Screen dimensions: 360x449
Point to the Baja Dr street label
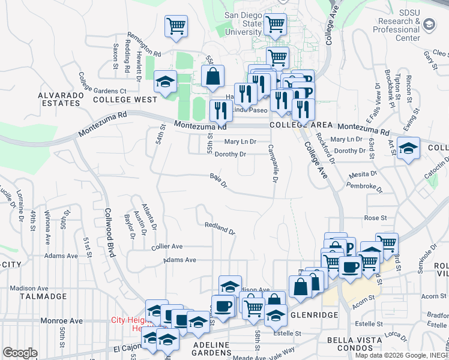tap(218, 180)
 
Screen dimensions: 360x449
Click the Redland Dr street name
tap(219, 227)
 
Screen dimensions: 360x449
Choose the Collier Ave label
tap(167, 247)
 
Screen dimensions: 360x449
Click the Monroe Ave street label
tap(61, 321)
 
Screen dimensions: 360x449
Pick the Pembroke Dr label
tap(364, 187)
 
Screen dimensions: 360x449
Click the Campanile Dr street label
tap(271, 163)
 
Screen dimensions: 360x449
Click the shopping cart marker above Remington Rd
tap(176, 25)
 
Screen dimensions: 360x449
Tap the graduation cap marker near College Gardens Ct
tap(164, 82)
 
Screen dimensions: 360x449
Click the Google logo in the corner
tap(20, 353)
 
